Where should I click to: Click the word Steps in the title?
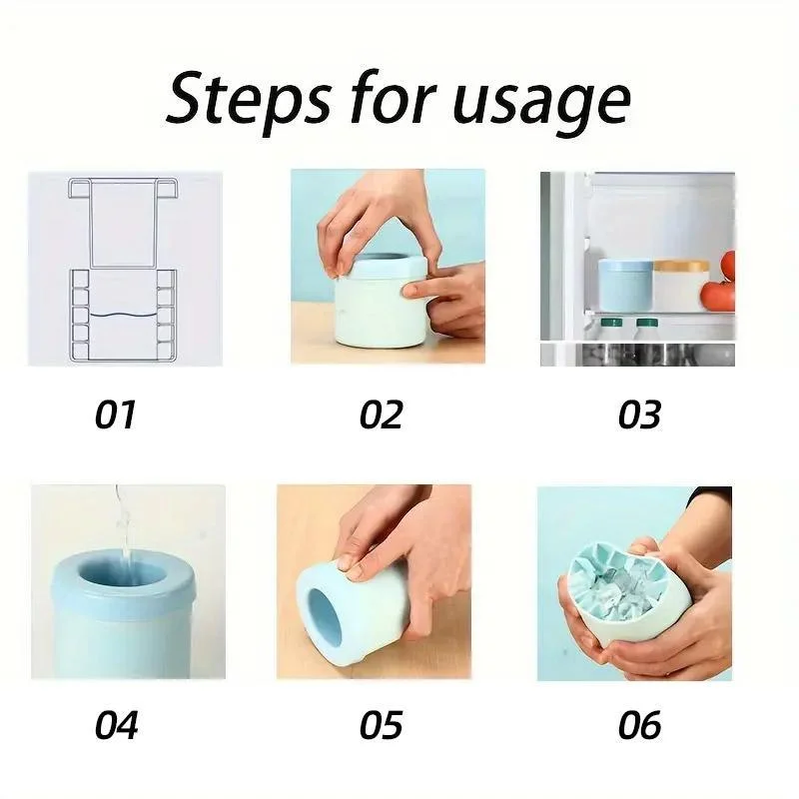(x=248, y=99)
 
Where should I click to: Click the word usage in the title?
(x=541, y=104)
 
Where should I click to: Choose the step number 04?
(x=116, y=725)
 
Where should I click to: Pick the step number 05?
(x=382, y=725)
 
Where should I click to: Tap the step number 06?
(x=639, y=725)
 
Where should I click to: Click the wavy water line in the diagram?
(x=123, y=316)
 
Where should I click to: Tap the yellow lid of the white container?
(x=681, y=266)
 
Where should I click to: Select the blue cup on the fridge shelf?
(x=625, y=285)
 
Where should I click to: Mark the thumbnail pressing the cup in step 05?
(x=348, y=562)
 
